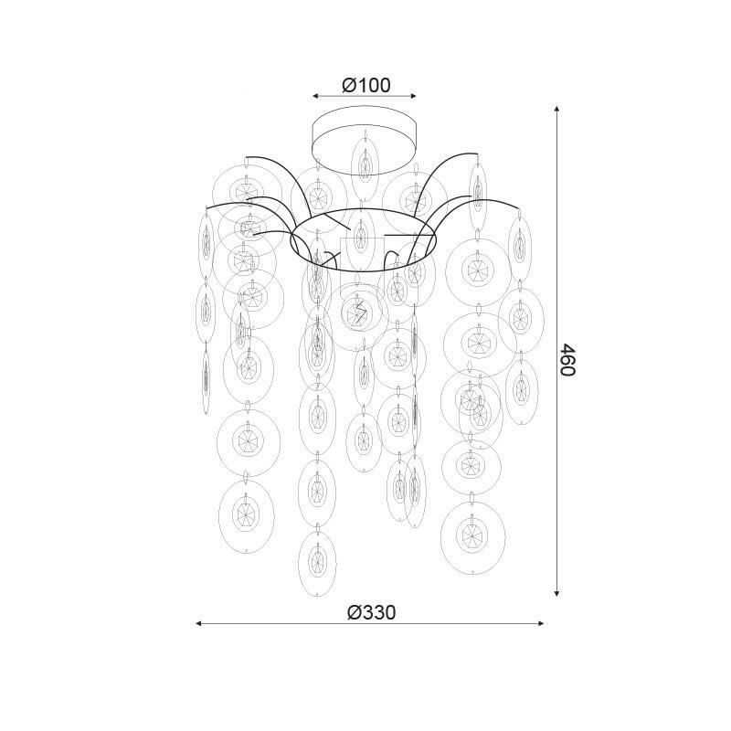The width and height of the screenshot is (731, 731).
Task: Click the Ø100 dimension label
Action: pos(366,85)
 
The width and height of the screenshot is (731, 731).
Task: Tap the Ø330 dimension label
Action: pos(371,612)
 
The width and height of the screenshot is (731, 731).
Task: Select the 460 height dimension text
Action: pos(568,359)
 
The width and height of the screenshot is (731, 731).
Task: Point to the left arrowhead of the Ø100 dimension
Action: pos(315,96)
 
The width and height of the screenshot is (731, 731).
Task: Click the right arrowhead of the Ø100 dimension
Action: pos(413,96)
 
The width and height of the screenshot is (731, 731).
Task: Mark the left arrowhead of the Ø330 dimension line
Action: pos(198,623)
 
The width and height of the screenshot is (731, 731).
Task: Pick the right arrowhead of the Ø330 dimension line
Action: pos(541,623)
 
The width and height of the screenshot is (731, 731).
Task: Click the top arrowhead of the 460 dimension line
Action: pos(556,109)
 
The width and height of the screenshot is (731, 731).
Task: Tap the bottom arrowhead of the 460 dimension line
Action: pos(556,594)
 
